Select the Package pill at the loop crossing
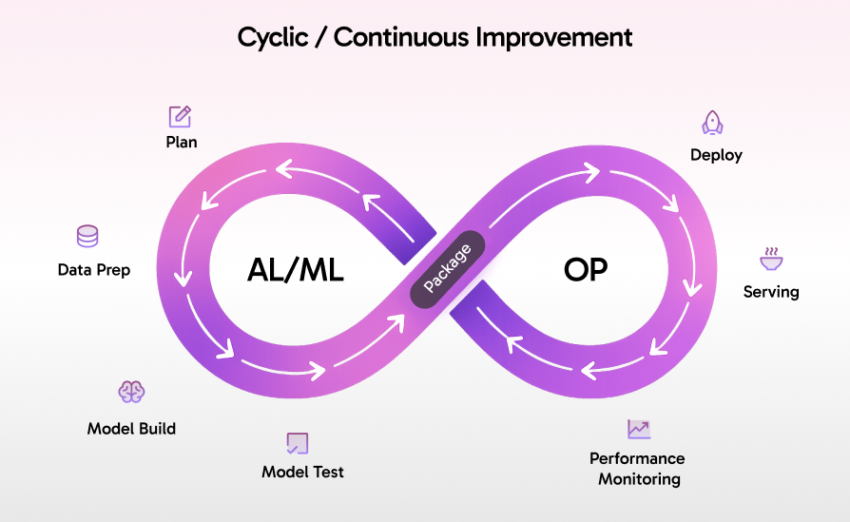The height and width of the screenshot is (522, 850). [447, 269]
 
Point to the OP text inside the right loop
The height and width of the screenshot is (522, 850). [585, 270]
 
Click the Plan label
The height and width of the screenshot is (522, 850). [181, 143]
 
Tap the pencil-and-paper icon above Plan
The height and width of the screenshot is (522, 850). [180, 116]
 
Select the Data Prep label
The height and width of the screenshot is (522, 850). [94, 270]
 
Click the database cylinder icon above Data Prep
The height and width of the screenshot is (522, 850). [87, 237]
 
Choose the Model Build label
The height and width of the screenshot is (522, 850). [131, 428]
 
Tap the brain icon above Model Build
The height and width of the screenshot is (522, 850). [131, 392]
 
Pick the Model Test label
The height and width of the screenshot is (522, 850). [302, 472]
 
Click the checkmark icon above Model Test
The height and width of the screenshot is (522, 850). [298, 443]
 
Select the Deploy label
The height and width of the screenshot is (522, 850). [716, 155]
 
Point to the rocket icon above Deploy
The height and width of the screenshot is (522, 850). [712, 123]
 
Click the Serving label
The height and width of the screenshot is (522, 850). [771, 292]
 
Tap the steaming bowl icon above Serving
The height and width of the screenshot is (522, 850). [770, 259]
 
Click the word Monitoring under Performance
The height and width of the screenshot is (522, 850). [639, 479]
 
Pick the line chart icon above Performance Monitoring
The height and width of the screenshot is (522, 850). [639, 430]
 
